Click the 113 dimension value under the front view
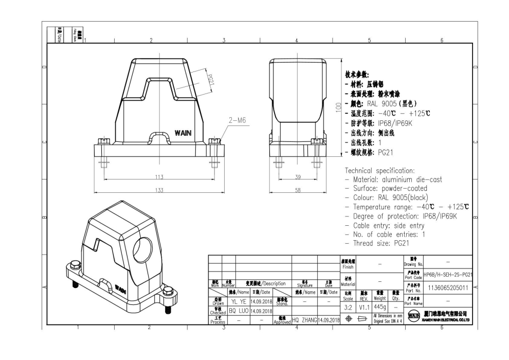(x=159, y=177)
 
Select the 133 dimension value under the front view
(x=159, y=190)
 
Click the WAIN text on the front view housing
(x=183, y=133)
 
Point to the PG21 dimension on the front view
(x=210, y=81)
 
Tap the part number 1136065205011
(x=448, y=288)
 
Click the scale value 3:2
(x=348, y=307)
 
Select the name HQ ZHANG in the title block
(x=304, y=320)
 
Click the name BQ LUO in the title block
(x=239, y=311)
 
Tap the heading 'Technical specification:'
(x=379, y=170)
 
